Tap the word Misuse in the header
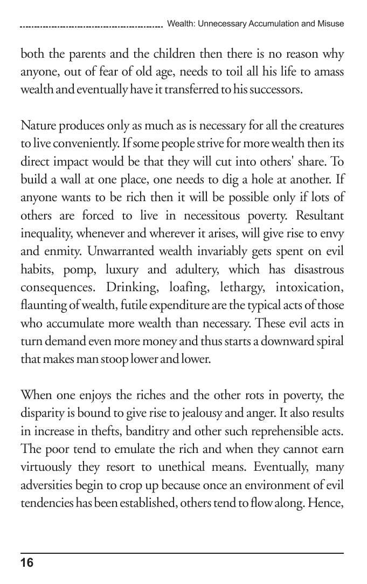tap(331, 24)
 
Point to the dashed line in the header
tap(92, 26)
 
